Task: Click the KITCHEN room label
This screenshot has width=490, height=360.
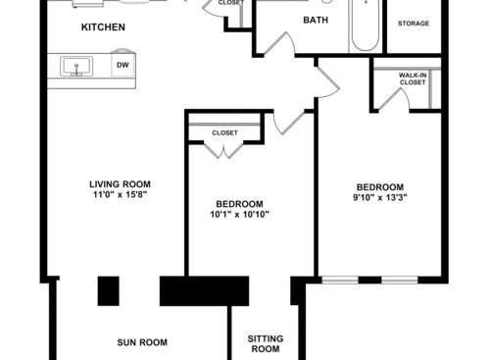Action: coord(103,27)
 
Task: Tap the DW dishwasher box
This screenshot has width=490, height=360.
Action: coord(122,66)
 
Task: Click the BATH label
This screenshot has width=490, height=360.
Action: coord(316,20)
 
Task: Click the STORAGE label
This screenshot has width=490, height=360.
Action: coord(413,23)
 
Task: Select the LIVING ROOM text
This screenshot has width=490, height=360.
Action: coord(120,183)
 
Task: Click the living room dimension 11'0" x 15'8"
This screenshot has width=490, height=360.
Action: coord(120,195)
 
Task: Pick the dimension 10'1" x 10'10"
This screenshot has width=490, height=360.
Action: coord(239,215)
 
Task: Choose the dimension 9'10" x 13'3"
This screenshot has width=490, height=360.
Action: coord(379,199)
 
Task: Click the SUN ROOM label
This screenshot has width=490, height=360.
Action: coord(142,342)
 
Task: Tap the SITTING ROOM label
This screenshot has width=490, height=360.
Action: coord(266,343)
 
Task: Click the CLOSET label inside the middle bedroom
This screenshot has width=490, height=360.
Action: coord(224,131)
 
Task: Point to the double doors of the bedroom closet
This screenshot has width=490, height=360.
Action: coord(224,150)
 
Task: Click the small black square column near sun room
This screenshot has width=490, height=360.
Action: coord(108,290)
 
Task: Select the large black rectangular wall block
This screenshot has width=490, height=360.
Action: coord(205,290)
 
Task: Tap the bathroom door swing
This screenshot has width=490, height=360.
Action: coord(278,45)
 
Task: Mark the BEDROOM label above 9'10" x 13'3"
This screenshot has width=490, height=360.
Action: coord(379,187)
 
